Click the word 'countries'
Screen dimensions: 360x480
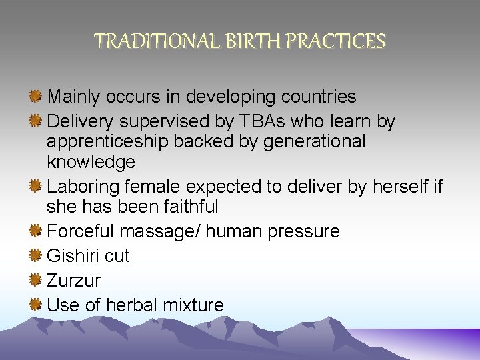(x=319, y=97)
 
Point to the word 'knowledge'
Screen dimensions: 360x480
(x=91, y=162)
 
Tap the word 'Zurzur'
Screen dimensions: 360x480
(x=73, y=281)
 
